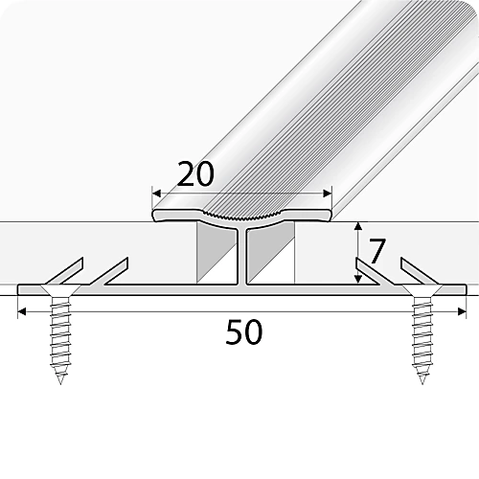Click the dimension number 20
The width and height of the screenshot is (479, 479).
coord(196,175)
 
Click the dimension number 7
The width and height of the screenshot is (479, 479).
coord(376,251)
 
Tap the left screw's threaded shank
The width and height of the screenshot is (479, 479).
coord(59,335)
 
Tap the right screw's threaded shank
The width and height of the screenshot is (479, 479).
coord(421,335)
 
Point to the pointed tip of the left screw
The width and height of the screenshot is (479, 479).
coord(60,381)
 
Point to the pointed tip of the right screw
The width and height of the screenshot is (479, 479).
coord(421,381)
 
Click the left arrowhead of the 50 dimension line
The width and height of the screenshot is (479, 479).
coord(22,311)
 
